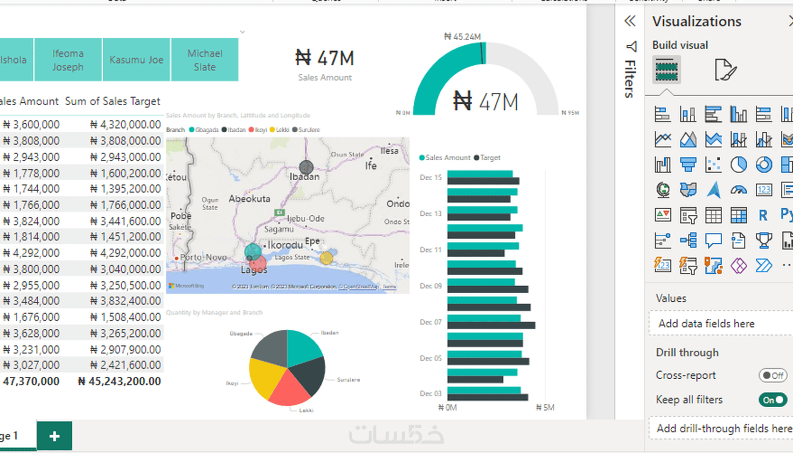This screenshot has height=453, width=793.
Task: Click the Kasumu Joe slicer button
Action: pos(136,60)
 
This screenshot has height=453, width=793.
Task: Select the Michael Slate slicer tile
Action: pos(205,60)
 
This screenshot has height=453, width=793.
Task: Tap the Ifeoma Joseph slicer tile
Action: pos(68,60)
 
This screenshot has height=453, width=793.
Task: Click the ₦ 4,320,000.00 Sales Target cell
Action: pos(125,125)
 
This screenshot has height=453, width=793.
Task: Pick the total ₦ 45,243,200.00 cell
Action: pos(119,382)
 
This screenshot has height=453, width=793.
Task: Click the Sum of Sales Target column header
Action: pos(112,101)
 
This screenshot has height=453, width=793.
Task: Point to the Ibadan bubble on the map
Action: pos(306,167)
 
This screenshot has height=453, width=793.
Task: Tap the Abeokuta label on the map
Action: pos(249,198)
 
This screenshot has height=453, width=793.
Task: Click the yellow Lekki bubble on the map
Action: pos(327,257)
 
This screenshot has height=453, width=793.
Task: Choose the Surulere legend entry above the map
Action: pos(306,130)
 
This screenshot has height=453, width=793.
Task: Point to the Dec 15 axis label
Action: pos(430,177)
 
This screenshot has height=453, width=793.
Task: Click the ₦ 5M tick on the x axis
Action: pos(545,408)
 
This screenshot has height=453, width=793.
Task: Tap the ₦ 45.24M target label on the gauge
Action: pos(462,36)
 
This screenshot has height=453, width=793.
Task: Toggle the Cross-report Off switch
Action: pos(773,375)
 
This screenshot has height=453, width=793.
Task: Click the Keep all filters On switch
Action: pos(773,400)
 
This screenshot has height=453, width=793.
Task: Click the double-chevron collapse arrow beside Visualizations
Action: pos(630,21)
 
